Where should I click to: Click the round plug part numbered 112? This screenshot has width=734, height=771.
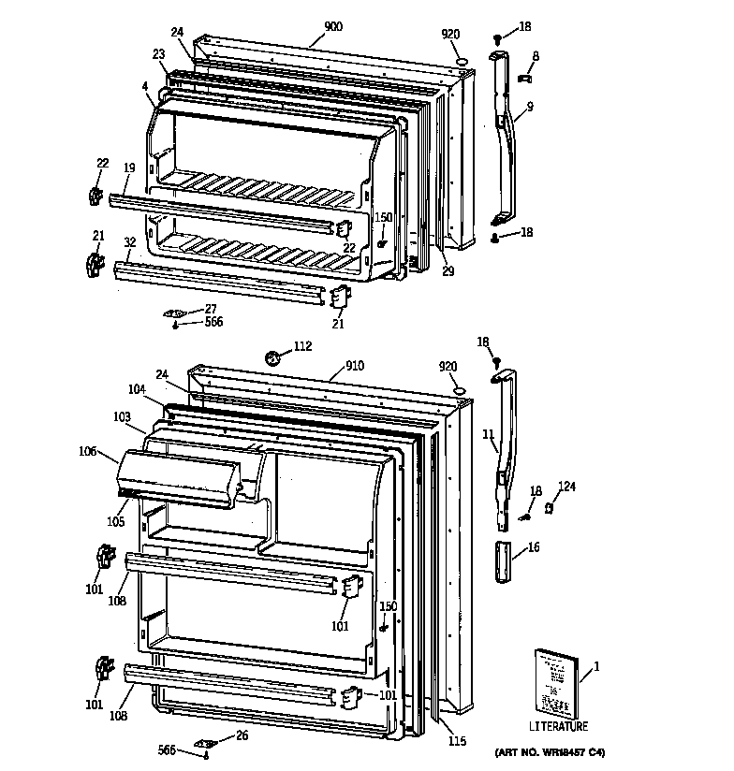click(x=274, y=356)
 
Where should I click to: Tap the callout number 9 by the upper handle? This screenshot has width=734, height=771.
click(x=529, y=108)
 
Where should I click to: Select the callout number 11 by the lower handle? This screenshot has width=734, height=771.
click(x=489, y=434)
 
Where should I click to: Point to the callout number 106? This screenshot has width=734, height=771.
click(x=88, y=452)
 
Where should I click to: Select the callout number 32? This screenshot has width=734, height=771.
click(x=129, y=241)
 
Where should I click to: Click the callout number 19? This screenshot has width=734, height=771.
click(x=129, y=167)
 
